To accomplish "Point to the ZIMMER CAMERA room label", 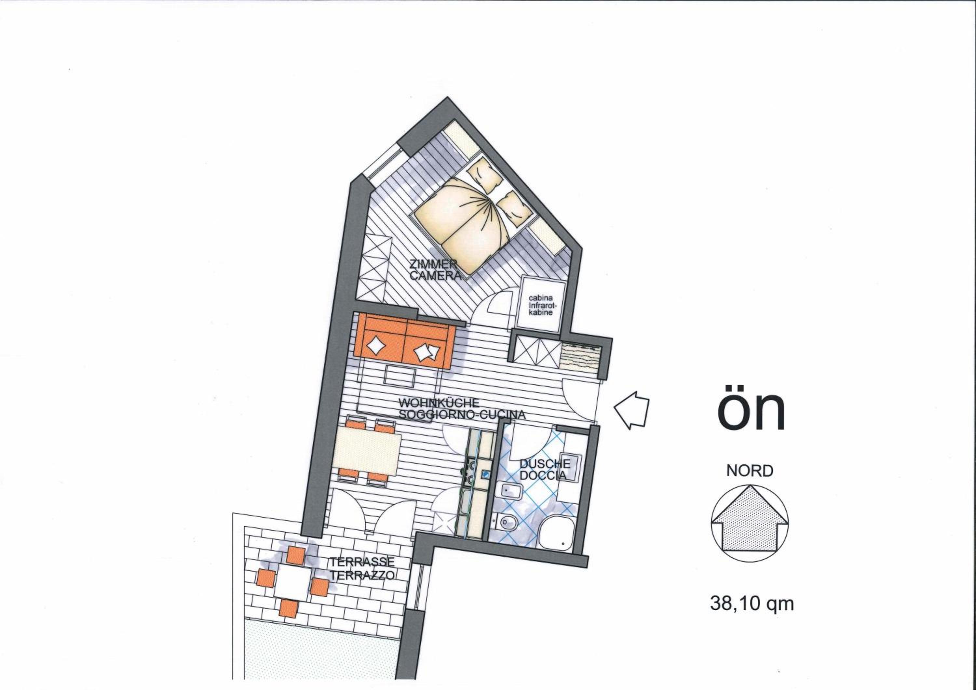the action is point(435,269).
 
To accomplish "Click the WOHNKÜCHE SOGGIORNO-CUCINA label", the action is point(462,408).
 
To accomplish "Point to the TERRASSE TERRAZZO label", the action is point(363,568).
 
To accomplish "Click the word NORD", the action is point(750,471).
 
